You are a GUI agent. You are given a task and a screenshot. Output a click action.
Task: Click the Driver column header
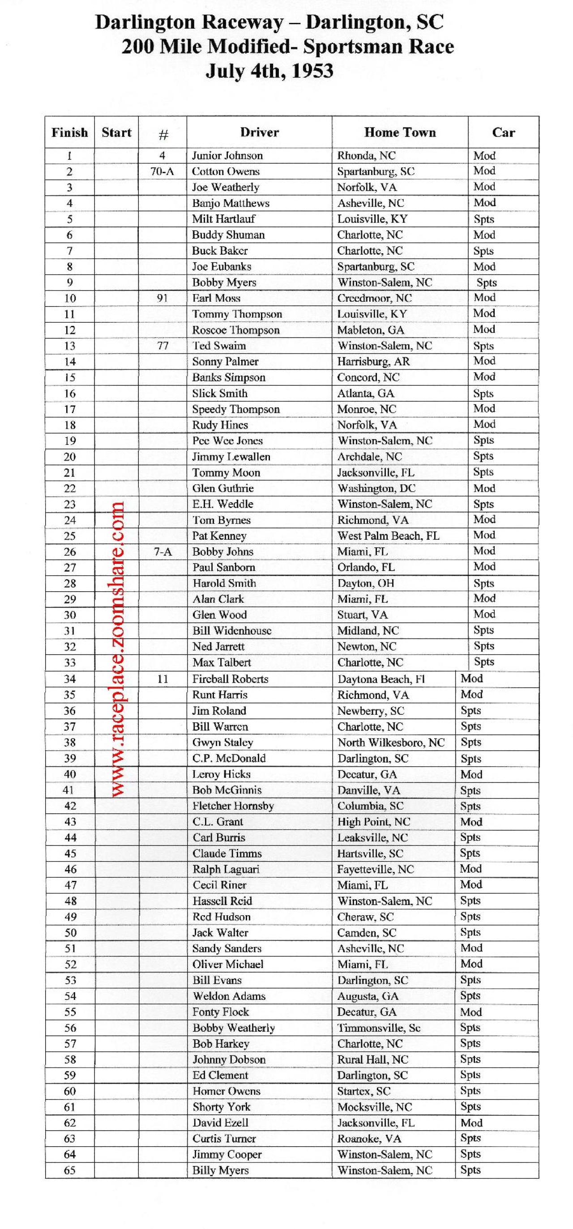point(259,132)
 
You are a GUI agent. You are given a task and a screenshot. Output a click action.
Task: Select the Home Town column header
point(400,132)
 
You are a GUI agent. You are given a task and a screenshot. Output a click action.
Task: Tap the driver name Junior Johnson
point(227,156)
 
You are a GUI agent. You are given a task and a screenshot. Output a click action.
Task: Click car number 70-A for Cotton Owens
point(162,171)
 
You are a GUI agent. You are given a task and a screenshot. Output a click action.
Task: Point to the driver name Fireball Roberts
point(230,679)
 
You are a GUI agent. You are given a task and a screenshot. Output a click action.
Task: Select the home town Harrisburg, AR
point(373,361)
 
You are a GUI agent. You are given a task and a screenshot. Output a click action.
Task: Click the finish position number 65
point(70,1170)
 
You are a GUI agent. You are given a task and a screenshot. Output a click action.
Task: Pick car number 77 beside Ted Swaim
point(162,346)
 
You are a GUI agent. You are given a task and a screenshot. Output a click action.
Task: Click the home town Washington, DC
point(376,488)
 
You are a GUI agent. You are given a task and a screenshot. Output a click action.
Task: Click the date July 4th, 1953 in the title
point(269,71)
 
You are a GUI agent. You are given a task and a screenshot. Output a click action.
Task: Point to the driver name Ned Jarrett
point(218,646)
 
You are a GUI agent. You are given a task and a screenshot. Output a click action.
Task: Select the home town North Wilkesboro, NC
point(391,743)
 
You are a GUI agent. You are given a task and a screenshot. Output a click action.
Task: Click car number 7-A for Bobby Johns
point(162,551)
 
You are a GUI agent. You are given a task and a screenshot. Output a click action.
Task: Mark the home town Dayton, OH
point(365,583)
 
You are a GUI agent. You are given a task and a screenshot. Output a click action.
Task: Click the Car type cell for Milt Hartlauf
point(483,219)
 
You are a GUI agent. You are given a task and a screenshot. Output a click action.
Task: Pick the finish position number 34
point(70,679)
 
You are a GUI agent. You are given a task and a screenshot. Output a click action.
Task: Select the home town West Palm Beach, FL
point(388,535)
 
